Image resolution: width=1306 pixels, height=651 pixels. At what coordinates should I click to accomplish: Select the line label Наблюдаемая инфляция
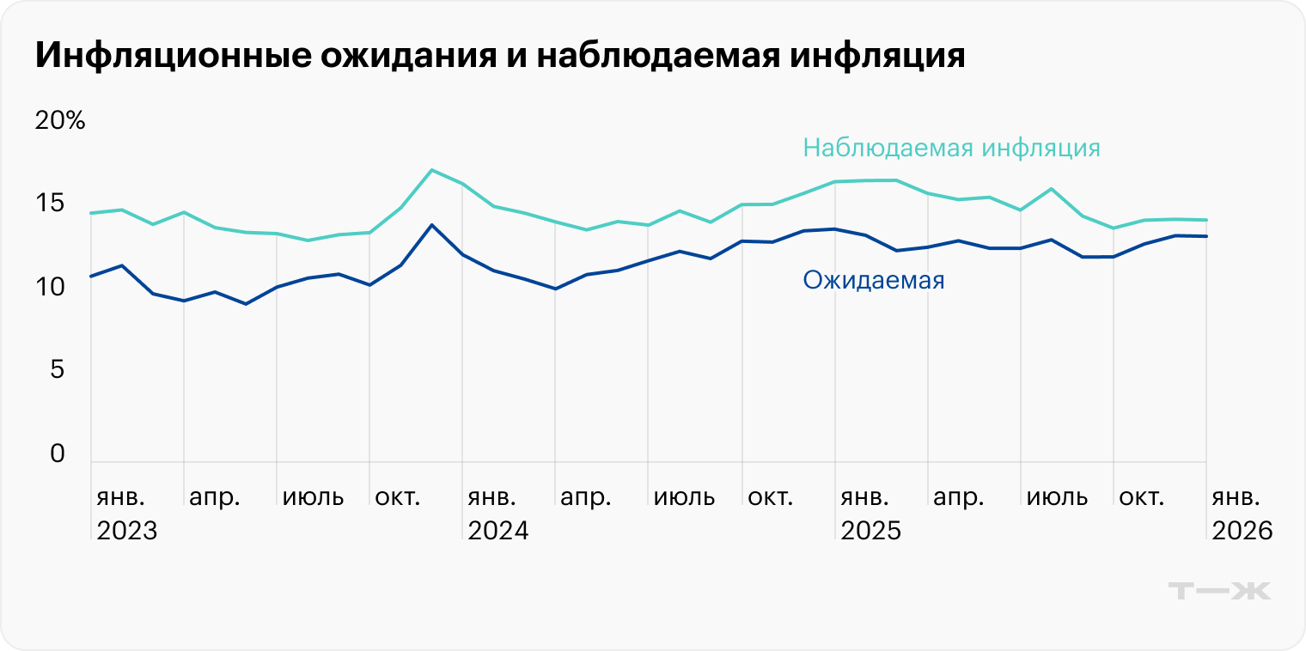tap(951, 148)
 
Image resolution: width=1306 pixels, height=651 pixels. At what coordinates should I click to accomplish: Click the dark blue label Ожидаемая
tap(873, 280)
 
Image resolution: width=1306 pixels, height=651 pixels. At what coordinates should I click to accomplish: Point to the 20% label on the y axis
tap(60, 121)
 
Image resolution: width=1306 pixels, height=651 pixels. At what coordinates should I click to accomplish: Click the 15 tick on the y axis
tap(50, 204)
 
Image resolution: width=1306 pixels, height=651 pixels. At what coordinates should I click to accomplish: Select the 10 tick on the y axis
tap(50, 287)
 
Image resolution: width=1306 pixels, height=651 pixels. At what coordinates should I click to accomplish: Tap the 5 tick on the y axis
tap(57, 370)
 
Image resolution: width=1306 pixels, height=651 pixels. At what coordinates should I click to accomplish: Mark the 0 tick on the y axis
tap(57, 453)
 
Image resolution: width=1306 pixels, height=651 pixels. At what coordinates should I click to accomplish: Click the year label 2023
tap(127, 531)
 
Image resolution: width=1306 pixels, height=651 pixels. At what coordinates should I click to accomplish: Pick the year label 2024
tap(498, 531)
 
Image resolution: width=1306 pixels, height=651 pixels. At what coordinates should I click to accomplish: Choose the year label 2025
tap(870, 531)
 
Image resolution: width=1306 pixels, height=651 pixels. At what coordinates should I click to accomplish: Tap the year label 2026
tap(1242, 531)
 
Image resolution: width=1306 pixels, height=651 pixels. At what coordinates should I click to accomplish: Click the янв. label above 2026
tap(1236, 497)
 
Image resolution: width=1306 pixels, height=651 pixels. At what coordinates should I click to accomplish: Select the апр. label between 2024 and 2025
tap(586, 497)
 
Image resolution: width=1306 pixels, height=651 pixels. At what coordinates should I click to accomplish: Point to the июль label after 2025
tap(1058, 497)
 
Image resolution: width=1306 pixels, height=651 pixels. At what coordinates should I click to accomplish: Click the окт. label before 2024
tap(399, 497)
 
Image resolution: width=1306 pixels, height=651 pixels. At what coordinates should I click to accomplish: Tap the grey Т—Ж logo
tap(1219, 591)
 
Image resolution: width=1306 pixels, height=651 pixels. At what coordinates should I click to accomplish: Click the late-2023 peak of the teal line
tap(431, 170)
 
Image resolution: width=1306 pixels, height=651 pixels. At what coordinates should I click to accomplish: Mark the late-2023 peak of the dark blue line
tap(431, 225)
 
